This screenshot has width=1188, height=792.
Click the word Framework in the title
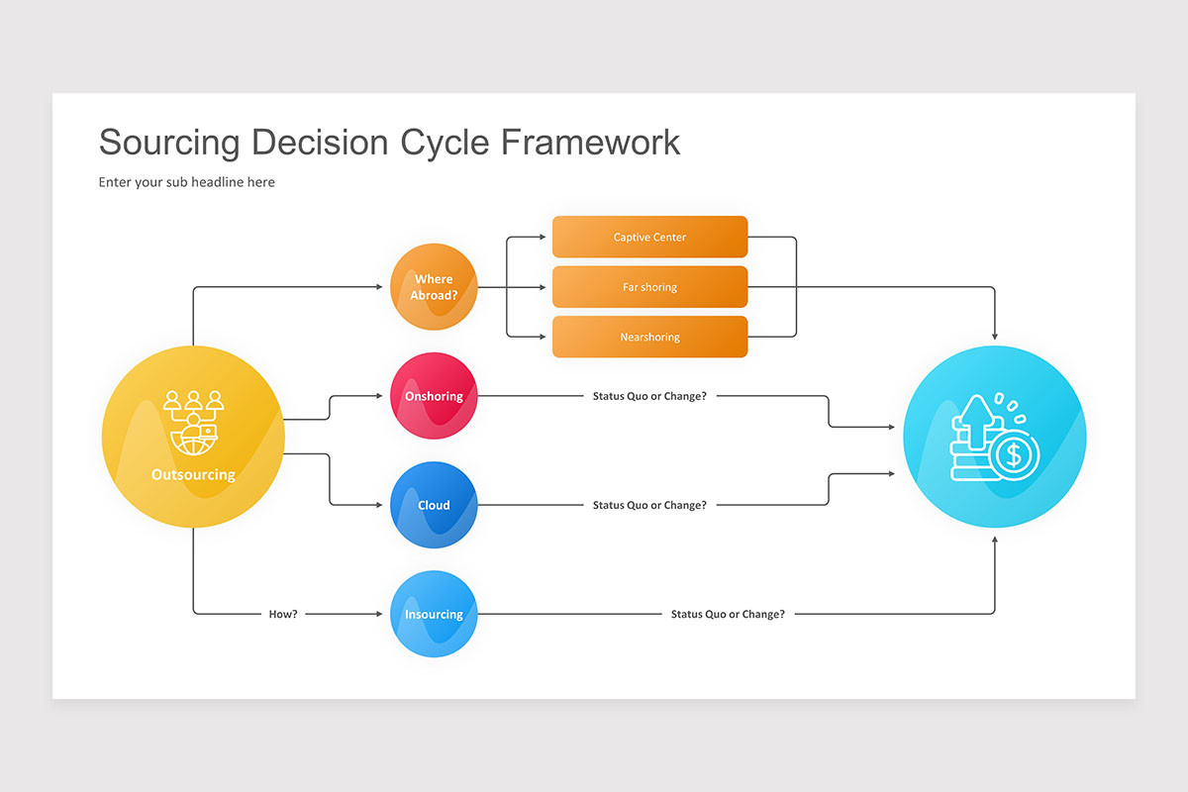[x=590, y=142]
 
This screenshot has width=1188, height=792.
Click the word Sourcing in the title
[x=169, y=142]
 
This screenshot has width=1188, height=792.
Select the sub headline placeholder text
[x=186, y=182]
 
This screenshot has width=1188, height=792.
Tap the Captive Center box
[x=649, y=238]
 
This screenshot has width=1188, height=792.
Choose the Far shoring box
[x=649, y=287]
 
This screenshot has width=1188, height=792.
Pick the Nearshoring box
[x=649, y=337]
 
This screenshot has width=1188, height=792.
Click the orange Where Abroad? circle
[x=434, y=287]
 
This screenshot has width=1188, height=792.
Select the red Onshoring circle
[x=434, y=396]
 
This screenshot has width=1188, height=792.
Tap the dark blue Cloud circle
[x=434, y=505]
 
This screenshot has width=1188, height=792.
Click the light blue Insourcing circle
[x=434, y=614]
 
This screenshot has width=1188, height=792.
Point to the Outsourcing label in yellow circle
[x=193, y=475]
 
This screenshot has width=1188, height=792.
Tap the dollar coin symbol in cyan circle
[x=1012, y=455]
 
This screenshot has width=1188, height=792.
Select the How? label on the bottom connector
[x=283, y=614]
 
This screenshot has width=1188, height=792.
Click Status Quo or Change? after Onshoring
[x=649, y=396]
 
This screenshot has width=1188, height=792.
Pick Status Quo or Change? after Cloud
[x=649, y=505]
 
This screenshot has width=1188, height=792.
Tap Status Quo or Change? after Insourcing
[x=728, y=614]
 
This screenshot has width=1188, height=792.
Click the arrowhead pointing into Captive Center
[x=542, y=238]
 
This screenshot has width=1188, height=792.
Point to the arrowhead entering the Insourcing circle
[x=378, y=614]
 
